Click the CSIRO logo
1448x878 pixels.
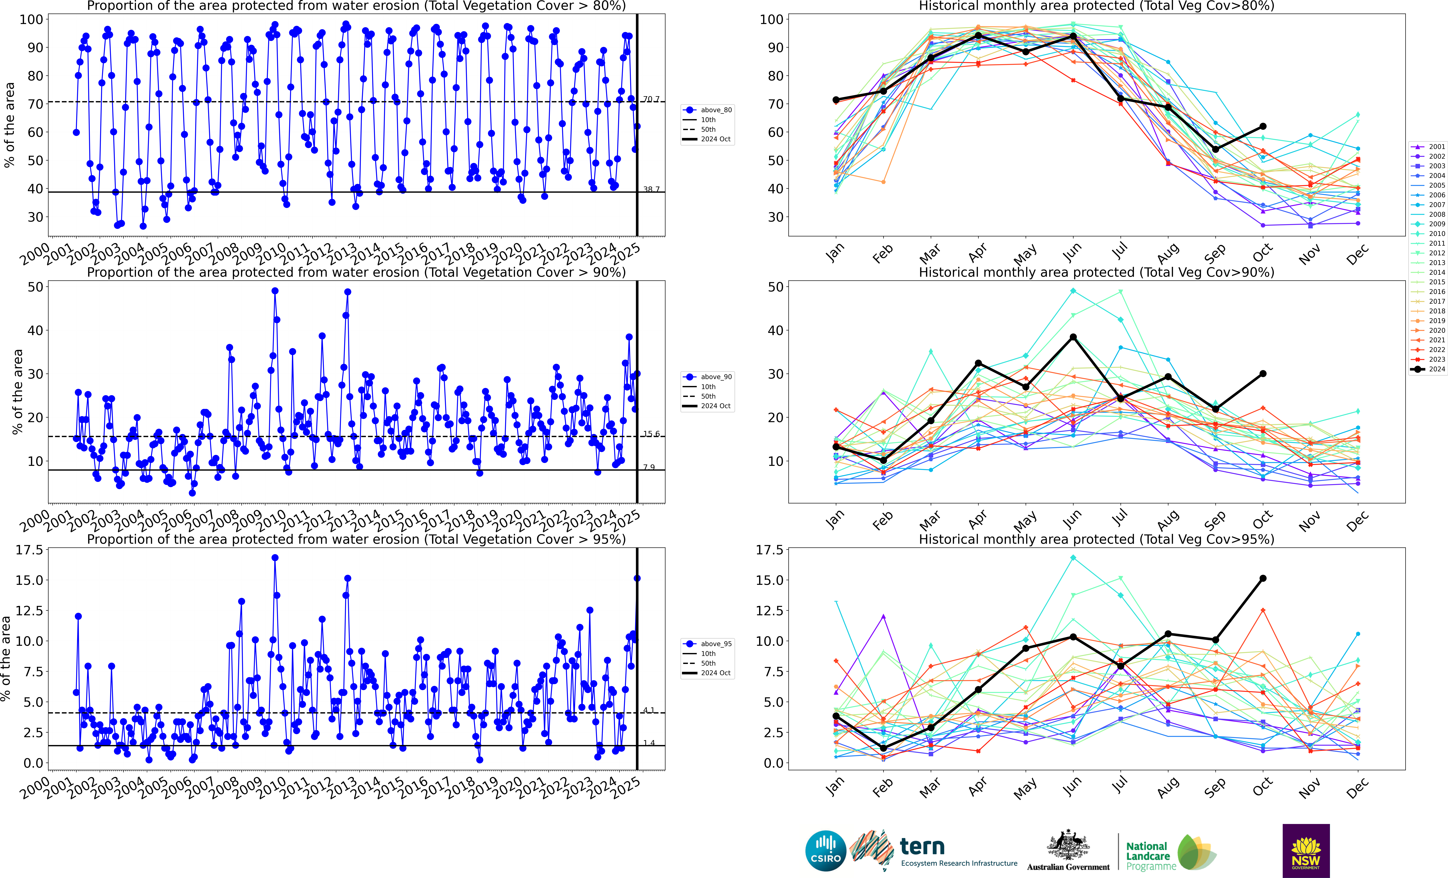826,850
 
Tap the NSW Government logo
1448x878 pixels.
1306,850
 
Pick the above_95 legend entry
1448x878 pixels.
708,644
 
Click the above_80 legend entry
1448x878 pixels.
708,110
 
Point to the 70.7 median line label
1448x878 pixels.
651,99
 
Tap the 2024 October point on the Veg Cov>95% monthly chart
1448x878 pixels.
1263,579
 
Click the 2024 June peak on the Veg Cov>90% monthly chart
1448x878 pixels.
1073,337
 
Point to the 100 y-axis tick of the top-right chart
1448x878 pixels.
771,19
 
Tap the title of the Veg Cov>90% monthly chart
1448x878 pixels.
1096,273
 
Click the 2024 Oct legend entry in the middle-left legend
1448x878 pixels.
708,406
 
